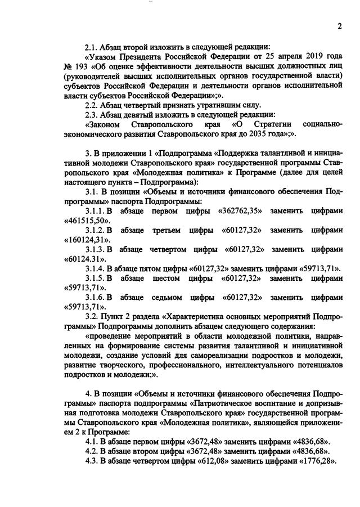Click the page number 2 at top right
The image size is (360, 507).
pos(339,26)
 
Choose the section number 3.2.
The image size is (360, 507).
pos(91,316)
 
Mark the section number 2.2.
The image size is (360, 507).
pos(91,105)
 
